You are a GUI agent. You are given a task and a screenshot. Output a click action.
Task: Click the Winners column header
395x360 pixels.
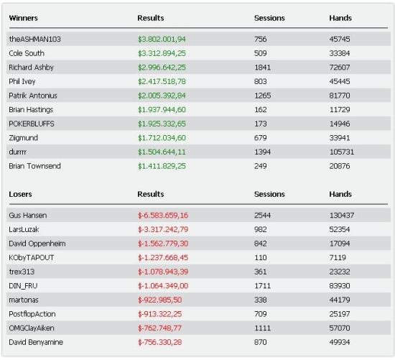23,18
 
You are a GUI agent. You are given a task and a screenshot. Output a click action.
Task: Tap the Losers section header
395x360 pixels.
20,194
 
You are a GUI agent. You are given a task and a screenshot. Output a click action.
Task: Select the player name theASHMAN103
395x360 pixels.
34,39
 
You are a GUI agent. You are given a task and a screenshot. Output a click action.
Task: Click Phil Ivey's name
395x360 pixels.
22,81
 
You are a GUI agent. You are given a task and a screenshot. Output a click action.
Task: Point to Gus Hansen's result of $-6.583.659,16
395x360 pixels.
163,216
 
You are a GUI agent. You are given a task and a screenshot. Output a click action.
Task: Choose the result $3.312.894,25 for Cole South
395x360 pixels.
162,53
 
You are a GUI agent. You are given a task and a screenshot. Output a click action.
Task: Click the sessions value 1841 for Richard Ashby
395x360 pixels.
262,68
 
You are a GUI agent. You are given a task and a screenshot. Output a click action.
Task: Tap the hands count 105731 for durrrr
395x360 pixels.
341,152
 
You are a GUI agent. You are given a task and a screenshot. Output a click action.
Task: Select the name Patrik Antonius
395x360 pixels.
33,96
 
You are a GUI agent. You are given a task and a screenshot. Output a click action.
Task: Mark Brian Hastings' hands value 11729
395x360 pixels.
339,110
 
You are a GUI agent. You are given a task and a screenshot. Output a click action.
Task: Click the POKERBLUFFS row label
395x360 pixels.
32,124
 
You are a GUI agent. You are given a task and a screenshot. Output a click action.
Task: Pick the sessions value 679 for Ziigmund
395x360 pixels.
260,138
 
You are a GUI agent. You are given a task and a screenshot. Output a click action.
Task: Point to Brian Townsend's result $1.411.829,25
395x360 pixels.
162,166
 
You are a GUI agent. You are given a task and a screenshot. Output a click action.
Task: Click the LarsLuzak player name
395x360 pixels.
24,229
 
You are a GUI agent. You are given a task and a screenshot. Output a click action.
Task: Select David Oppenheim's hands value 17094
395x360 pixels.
339,244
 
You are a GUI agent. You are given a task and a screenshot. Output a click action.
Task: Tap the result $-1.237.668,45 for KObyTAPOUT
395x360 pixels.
163,258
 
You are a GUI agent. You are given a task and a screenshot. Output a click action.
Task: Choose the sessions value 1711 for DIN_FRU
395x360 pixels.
262,286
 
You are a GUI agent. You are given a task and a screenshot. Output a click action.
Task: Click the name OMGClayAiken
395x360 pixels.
32,328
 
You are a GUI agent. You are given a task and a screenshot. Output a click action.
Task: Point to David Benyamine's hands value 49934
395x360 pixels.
339,342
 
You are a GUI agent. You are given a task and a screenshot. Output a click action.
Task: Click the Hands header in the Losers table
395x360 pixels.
340,194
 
